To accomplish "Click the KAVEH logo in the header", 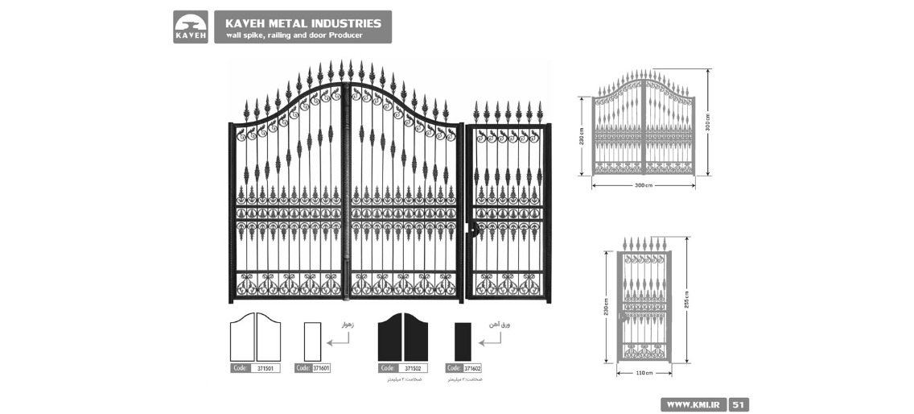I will [x=191, y=27].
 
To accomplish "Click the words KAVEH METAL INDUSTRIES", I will [x=303, y=23].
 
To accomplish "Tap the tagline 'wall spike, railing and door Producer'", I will [x=294, y=35].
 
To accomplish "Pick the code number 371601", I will [x=321, y=368].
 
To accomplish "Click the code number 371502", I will [x=413, y=368].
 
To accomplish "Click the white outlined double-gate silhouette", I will [x=255, y=337].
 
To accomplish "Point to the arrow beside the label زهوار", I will [x=340, y=339].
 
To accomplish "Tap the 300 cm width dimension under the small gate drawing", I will [x=643, y=185].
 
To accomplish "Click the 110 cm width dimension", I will [x=643, y=374].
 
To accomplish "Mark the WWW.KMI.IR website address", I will [x=693, y=404].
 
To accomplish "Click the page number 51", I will [x=739, y=404].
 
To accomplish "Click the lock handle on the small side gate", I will [x=473, y=230].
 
